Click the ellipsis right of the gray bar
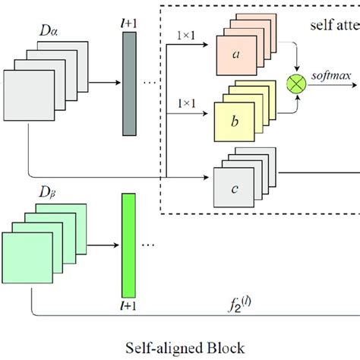(x=150, y=83)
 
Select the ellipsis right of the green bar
(x=150, y=245)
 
